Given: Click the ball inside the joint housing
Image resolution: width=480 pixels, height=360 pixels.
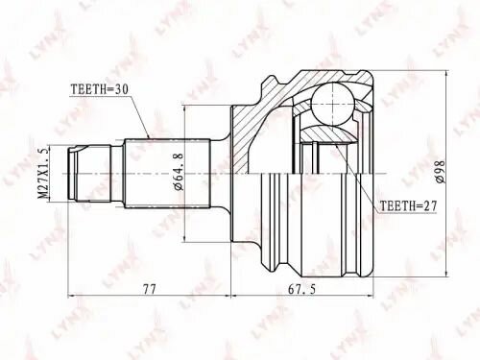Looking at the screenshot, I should pyautogui.click(x=331, y=99).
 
